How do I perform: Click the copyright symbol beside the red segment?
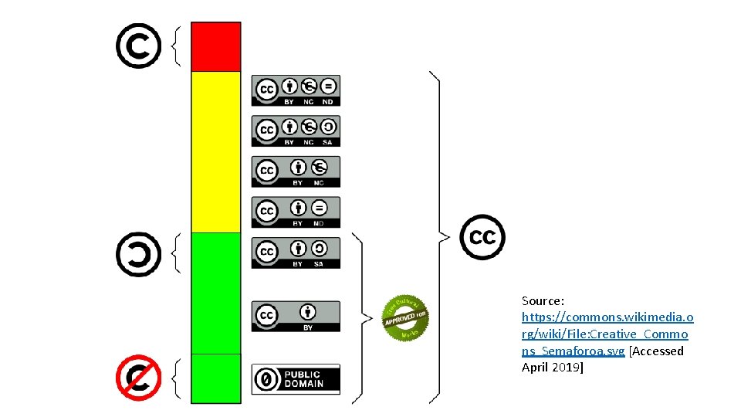click(138, 46)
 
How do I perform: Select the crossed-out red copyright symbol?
click(138, 378)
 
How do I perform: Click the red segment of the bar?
click(216, 46)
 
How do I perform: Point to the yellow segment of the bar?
click(216, 151)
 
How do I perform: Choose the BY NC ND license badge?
click(296, 90)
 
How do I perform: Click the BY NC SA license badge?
click(296, 131)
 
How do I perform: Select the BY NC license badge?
click(296, 171)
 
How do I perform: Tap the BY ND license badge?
click(296, 212)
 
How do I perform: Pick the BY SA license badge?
click(296, 253)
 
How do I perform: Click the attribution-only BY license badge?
click(296, 316)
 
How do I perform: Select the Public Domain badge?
click(296, 379)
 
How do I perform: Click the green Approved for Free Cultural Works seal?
click(405, 317)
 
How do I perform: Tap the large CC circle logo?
click(482, 237)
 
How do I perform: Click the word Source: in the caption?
click(543, 300)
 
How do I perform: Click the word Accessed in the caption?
click(657, 351)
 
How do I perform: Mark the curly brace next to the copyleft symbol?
click(176, 253)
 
